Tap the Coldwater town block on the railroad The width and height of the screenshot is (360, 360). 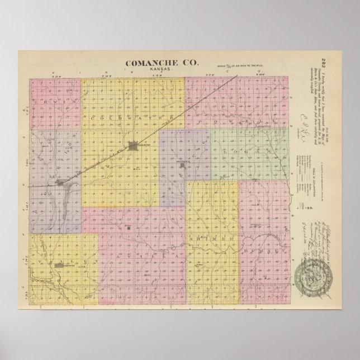click(135, 147)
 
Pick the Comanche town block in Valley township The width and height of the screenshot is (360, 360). click(65, 268)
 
